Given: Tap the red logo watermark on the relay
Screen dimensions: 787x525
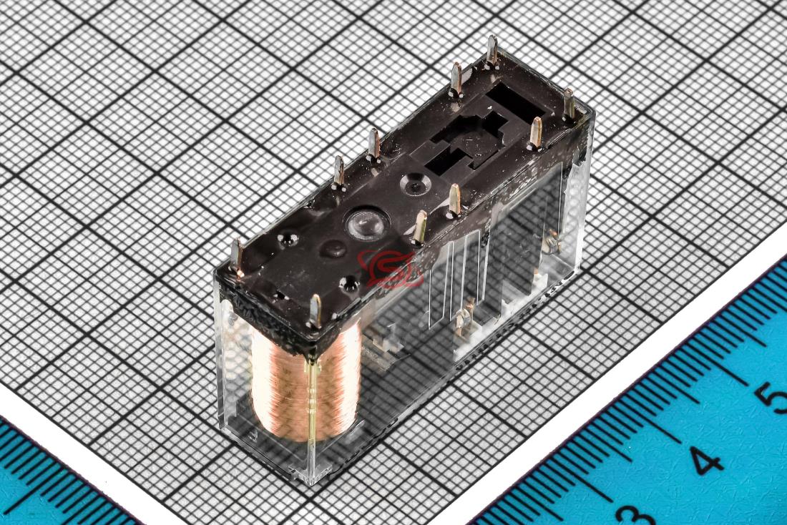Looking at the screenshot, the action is [x=388, y=268].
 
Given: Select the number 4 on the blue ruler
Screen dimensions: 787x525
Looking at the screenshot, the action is [x=706, y=461].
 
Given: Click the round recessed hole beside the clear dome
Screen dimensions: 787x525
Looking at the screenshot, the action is [x=416, y=184].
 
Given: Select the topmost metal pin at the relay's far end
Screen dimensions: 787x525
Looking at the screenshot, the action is [x=492, y=51].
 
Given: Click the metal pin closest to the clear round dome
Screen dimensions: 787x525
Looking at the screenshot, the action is [x=419, y=227].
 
